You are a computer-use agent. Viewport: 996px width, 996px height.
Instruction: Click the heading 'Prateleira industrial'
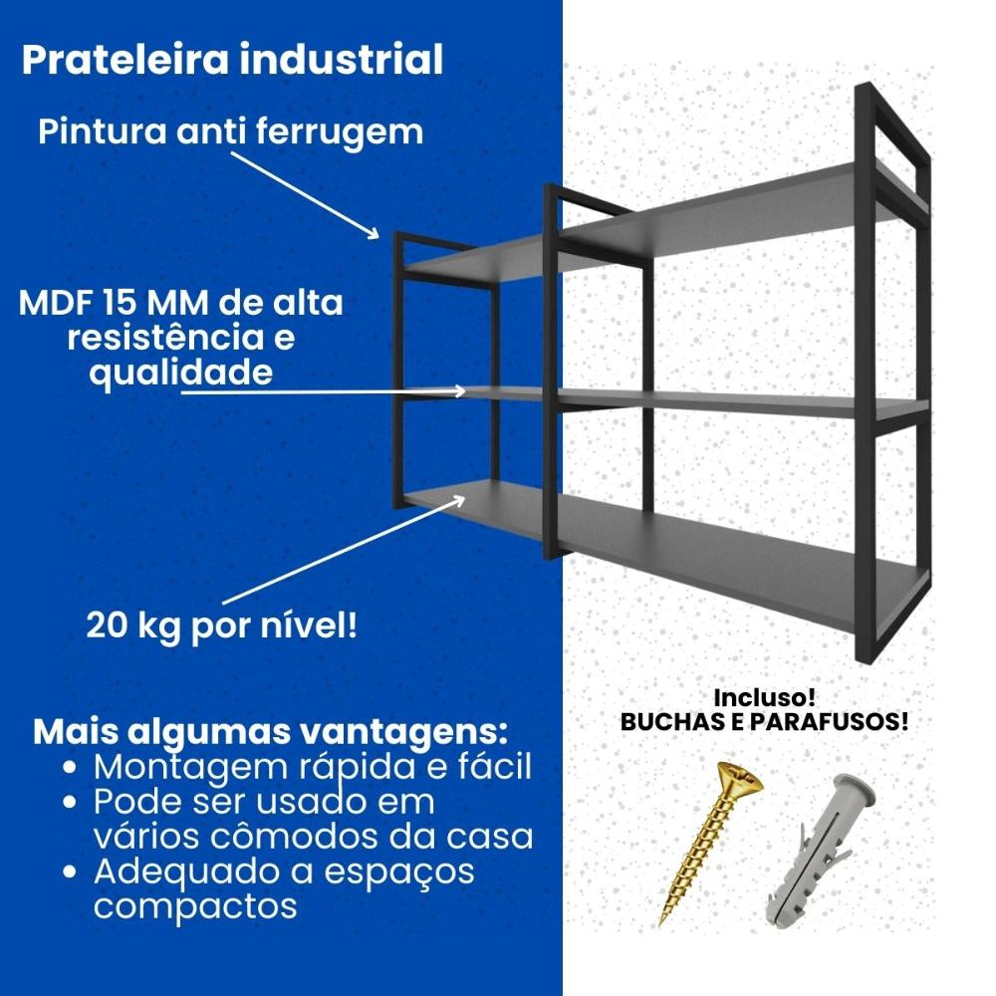click(x=232, y=60)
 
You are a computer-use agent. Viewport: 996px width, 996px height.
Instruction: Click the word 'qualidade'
click(x=181, y=373)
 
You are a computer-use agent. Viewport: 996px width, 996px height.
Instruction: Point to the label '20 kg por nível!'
click(x=222, y=626)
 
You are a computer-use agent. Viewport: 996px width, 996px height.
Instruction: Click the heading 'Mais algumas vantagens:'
click(x=271, y=732)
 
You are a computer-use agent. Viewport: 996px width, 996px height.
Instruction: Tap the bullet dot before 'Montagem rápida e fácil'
click(x=71, y=767)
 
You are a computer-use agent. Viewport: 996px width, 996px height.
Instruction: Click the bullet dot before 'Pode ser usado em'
click(x=71, y=802)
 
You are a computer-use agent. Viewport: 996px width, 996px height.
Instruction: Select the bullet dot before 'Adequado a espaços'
click(x=71, y=871)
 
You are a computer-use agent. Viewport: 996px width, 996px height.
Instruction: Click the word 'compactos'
click(x=195, y=905)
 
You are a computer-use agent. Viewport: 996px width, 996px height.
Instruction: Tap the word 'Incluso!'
click(x=764, y=697)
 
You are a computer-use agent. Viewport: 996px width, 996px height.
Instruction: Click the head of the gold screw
click(x=739, y=780)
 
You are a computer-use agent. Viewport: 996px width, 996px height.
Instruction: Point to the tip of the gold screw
click(x=660, y=925)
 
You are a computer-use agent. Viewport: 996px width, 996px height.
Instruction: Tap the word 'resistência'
click(x=164, y=338)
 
